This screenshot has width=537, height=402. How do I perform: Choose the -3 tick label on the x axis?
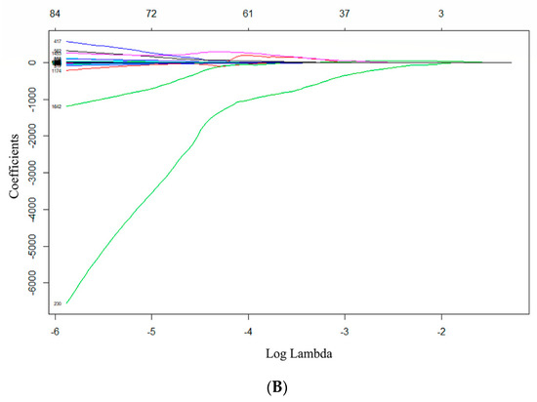click(x=344, y=331)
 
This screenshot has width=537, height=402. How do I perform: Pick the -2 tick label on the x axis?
click(x=440, y=331)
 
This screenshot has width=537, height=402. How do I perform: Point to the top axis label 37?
click(x=344, y=14)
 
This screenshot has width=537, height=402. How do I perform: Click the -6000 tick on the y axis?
click(x=38, y=285)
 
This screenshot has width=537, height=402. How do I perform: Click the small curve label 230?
click(x=58, y=304)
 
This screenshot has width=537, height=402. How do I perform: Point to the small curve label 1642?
click(x=57, y=106)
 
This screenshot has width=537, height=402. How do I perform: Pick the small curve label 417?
click(x=58, y=41)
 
